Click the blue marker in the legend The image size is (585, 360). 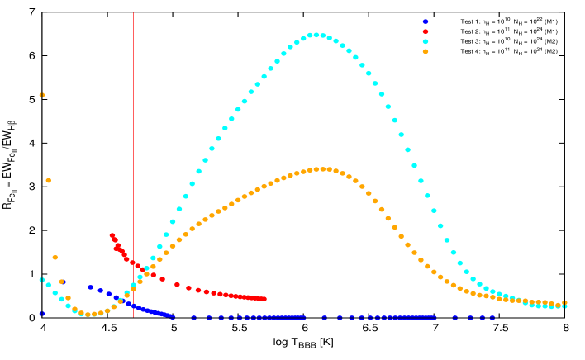coord(426,21)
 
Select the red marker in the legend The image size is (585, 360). coord(426,31)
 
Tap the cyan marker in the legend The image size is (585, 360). coord(426,41)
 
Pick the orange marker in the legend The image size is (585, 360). coord(426,51)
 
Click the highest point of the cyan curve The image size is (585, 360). coord(316,35)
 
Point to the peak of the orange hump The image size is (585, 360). coord(323,169)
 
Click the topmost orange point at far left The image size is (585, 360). coord(42,95)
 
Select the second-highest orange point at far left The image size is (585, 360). coord(49,180)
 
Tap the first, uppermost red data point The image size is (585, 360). coord(112,235)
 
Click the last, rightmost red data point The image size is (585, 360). coord(264,299)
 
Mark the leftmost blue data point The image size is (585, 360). coord(41,314)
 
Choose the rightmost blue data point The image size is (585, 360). coord(492,317)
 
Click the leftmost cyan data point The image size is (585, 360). coord(42,280)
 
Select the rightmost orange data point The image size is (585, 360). coord(564,303)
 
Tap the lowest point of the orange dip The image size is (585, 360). coord(88,315)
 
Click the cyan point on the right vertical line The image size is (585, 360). coord(264,77)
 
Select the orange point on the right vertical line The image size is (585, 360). coord(264,187)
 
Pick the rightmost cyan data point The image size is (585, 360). coord(564,306)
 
